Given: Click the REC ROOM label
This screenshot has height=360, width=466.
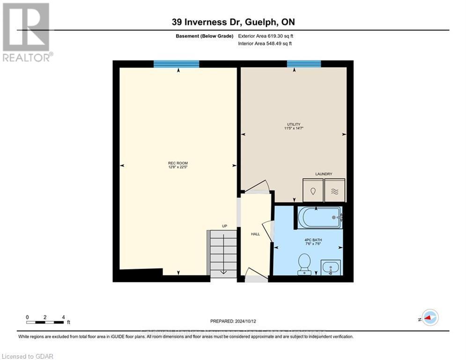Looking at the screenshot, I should pos(178,163).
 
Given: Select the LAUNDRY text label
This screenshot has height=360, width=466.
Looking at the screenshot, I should pos(323,174).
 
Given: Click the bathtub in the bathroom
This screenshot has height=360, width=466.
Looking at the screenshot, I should pos(320,217).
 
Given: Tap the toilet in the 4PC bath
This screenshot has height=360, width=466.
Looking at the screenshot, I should pos(304,263).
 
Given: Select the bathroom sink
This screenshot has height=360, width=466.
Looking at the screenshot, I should pos(331,268).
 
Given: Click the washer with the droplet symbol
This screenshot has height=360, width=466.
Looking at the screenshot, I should pos(312,191).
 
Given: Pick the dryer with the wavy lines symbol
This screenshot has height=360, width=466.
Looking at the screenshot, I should pos(334,191).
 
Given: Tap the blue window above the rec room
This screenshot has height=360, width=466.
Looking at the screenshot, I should pos(177,64).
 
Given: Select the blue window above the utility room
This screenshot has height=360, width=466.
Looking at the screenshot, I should pos(303,64).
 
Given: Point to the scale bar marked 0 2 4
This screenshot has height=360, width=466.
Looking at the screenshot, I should pos(45,322).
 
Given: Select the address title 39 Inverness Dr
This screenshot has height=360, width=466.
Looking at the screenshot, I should pos(233,22).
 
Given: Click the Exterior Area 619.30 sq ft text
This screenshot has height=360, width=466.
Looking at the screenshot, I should pos(266,36).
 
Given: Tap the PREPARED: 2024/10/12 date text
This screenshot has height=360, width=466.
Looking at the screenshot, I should pos(233,321).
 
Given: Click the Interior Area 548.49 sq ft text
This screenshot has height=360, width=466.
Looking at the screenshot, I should pos(266,44).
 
